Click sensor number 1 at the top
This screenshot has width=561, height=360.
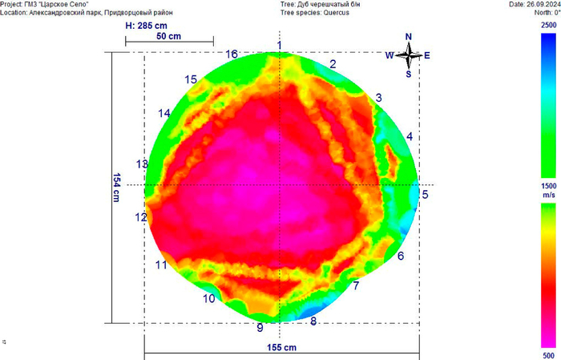pyautogui.click(x=279, y=44)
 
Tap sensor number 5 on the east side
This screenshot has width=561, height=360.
pyautogui.click(x=426, y=194)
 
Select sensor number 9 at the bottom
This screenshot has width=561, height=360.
pyautogui.click(x=260, y=327)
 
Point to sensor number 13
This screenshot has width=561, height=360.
pyautogui.click(x=142, y=164)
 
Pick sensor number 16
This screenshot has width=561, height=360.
pyautogui.click(x=232, y=55)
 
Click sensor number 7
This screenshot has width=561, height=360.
pyautogui.click(x=356, y=285)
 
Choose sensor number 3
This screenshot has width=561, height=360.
pyautogui.click(x=378, y=98)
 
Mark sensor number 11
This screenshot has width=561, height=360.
pyautogui.click(x=161, y=265)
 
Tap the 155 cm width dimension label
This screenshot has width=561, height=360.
pyautogui.click(x=281, y=348)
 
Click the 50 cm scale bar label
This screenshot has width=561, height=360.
pyautogui.click(x=167, y=37)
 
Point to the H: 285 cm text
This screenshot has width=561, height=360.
pyautogui.click(x=147, y=26)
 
